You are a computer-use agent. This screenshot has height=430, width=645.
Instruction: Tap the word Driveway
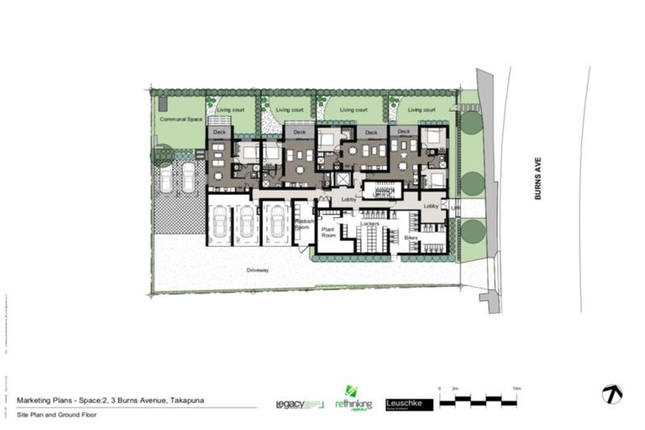[x=257, y=270]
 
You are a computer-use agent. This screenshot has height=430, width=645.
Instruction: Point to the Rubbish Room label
[x=303, y=224]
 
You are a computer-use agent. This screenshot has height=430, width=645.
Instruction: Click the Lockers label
[x=370, y=225]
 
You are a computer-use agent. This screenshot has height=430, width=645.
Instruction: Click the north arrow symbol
[x=611, y=393]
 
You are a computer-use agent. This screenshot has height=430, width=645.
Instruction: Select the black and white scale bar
[x=481, y=401]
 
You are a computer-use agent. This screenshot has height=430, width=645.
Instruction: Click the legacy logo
[x=299, y=404]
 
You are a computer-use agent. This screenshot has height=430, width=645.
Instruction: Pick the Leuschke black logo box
[x=409, y=404]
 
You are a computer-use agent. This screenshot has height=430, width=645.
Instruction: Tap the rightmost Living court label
[x=417, y=110]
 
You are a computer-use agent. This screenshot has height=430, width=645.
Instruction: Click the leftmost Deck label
[x=220, y=132]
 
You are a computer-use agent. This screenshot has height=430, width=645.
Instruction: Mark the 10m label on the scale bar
[x=518, y=388]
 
